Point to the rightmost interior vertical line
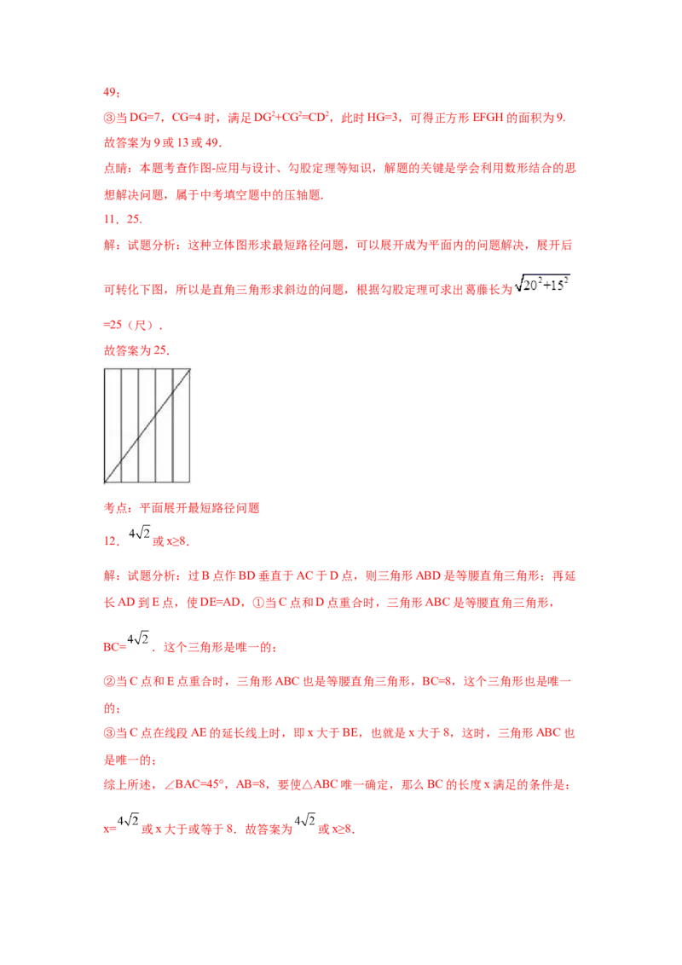coord(173,401)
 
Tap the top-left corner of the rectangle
coord(105,368)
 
